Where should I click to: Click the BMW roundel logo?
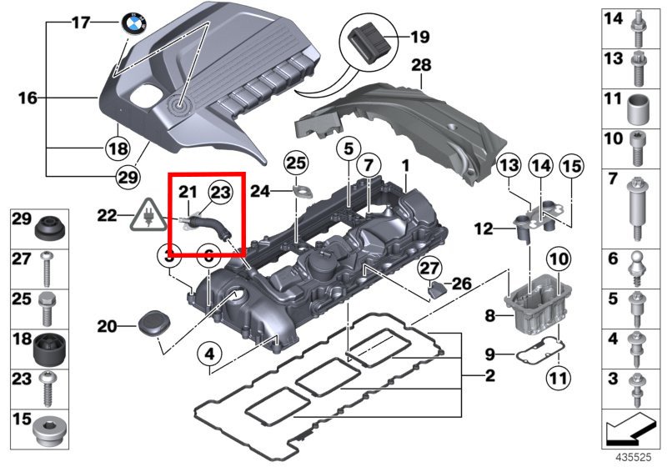pyautogui.click(x=134, y=25)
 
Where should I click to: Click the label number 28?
pyautogui.click(x=421, y=64)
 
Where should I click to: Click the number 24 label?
pyautogui.click(x=259, y=192)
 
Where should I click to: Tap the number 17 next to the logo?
pyautogui.click(x=79, y=23)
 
